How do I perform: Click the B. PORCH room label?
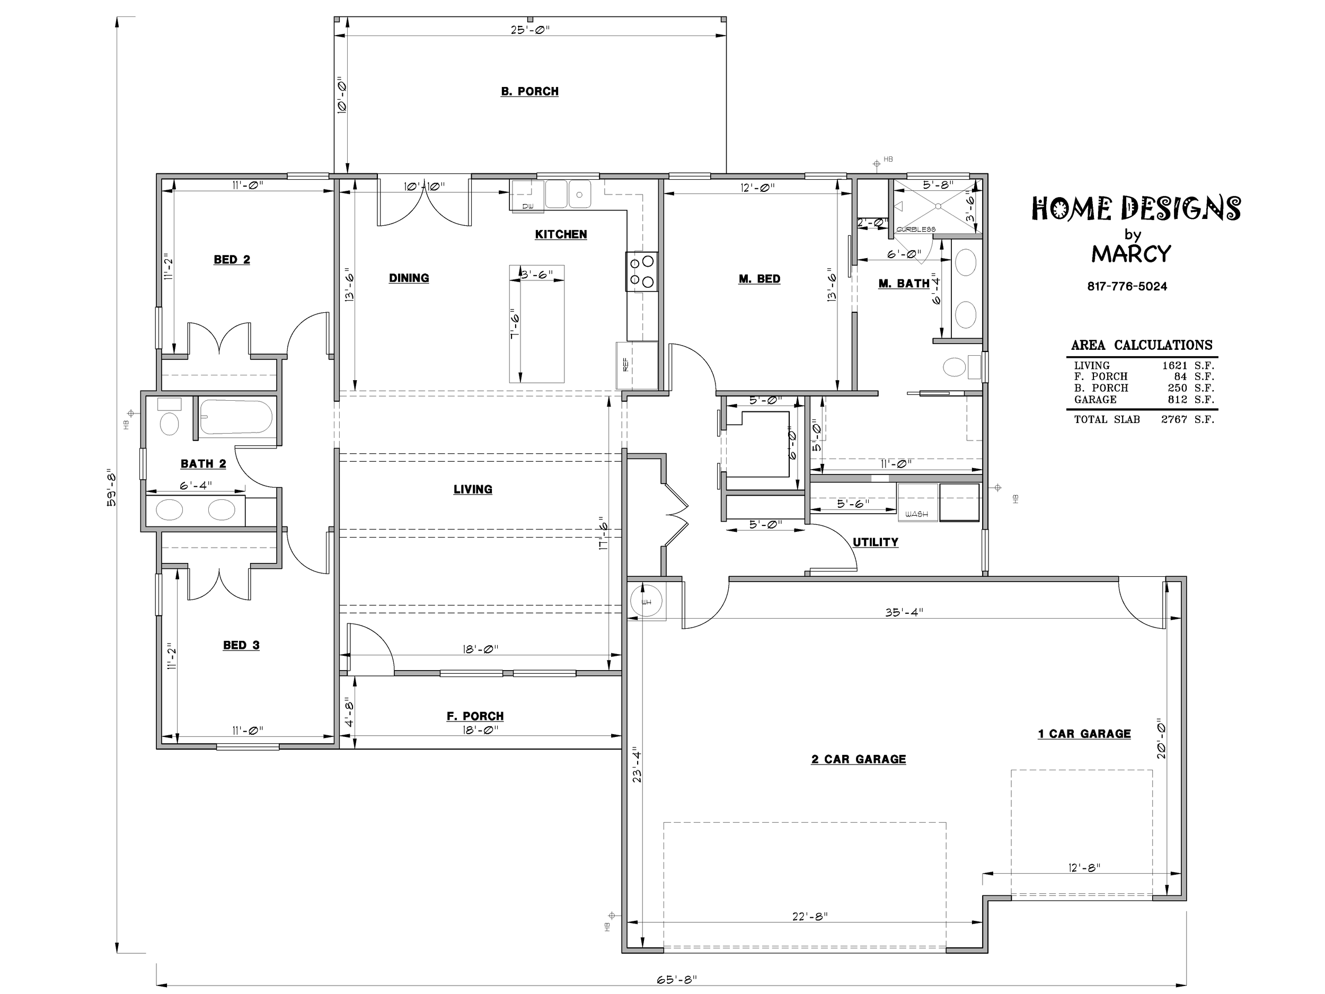(x=529, y=92)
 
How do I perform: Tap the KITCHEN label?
(x=561, y=234)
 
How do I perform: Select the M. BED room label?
(x=759, y=279)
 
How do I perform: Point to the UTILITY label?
(x=875, y=542)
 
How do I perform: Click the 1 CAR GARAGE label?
(x=1084, y=734)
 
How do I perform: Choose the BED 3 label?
(x=241, y=645)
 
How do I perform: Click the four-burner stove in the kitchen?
(x=641, y=271)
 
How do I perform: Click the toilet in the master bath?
(x=961, y=367)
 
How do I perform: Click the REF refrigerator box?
(x=637, y=365)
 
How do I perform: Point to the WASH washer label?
(x=916, y=514)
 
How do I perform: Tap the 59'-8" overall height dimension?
(x=111, y=488)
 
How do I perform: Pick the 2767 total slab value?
(x=1173, y=419)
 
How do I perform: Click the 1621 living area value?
(x=1174, y=365)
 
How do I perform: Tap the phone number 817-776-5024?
(x=1127, y=286)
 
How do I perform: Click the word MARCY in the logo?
(x=1130, y=254)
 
